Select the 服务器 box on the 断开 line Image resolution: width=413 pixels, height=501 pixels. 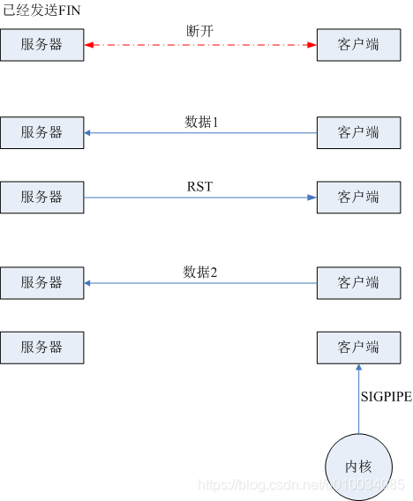[42, 44]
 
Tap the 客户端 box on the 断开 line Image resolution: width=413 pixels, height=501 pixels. [359, 44]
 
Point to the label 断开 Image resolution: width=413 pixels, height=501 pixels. [200, 32]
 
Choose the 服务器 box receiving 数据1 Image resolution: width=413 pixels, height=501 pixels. [42, 132]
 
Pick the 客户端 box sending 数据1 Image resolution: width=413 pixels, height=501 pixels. [359, 132]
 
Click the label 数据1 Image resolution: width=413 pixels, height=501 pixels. [200, 122]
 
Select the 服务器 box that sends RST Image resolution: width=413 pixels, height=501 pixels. [42, 197]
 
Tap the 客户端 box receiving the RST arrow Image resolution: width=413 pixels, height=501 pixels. [359, 197]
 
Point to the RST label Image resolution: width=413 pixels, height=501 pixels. [200, 186]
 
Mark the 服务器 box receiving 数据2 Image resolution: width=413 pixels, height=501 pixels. [42, 282]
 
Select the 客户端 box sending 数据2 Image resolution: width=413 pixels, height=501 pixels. [359, 282]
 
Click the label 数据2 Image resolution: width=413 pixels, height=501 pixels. [200, 271]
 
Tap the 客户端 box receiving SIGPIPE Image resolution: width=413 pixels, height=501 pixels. [359, 348]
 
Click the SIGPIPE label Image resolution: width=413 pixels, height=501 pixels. [386, 397]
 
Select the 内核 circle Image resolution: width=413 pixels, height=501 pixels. [359, 467]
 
